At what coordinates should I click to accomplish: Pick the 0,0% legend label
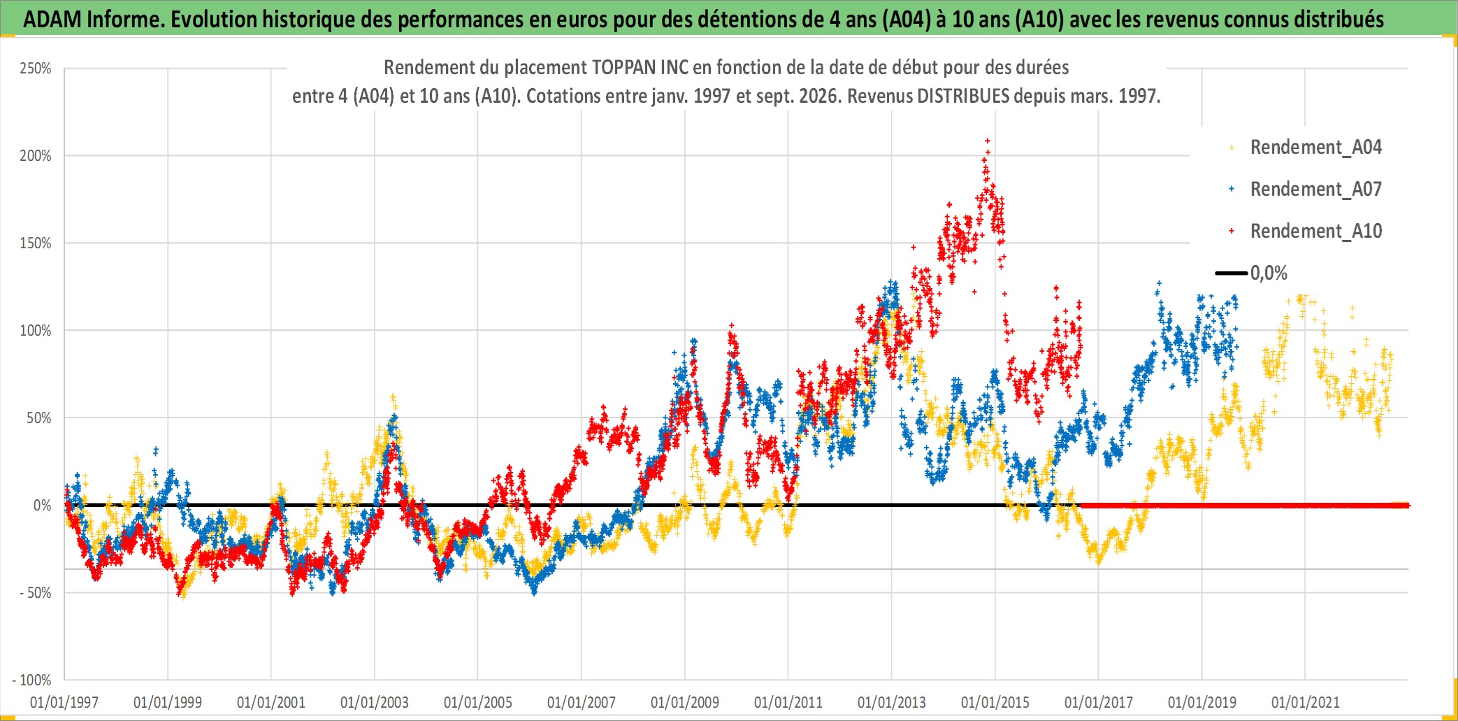[x=1269, y=273]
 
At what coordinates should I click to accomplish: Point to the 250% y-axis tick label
[x=36, y=69]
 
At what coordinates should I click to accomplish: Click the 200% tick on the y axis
[x=36, y=156]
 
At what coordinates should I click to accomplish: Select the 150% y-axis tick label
[x=36, y=243]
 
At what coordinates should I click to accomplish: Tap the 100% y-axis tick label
[x=36, y=331]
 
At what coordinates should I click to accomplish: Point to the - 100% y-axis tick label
[x=31, y=680]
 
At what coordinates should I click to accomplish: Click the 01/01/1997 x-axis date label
[x=64, y=702]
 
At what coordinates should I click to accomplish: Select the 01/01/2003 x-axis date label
[x=375, y=702]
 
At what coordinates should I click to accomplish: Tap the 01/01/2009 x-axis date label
[x=685, y=702]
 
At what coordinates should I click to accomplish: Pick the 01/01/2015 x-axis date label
[x=995, y=702]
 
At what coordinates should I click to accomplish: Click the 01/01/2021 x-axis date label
[x=1306, y=702]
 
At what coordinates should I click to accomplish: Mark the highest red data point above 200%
[x=987, y=141]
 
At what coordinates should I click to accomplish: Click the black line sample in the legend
[x=1232, y=273]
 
